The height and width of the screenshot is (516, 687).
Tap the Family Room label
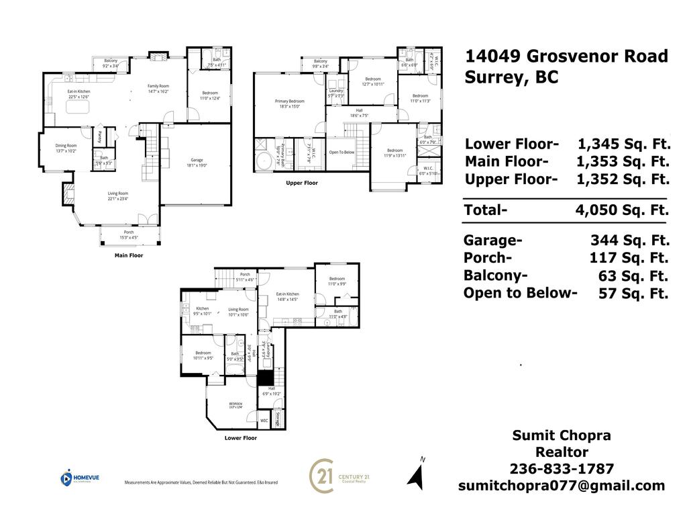(x=158, y=89)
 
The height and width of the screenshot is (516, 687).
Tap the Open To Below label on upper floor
(x=341, y=152)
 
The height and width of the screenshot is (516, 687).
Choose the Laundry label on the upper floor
(x=335, y=93)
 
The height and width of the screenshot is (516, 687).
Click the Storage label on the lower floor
(x=276, y=419)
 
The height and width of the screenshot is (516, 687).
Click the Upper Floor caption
(x=302, y=183)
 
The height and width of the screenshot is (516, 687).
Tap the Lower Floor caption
(x=240, y=438)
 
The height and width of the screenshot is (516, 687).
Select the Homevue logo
(x=78, y=478)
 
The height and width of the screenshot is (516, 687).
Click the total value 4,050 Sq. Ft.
(x=622, y=210)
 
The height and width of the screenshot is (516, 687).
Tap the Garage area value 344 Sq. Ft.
(x=629, y=241)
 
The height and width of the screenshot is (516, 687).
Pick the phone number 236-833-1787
(x=562, y=468)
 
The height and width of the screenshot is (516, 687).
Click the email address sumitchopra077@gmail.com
(x=562, y=485)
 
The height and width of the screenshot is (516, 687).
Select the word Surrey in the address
(x=496, y=77)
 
